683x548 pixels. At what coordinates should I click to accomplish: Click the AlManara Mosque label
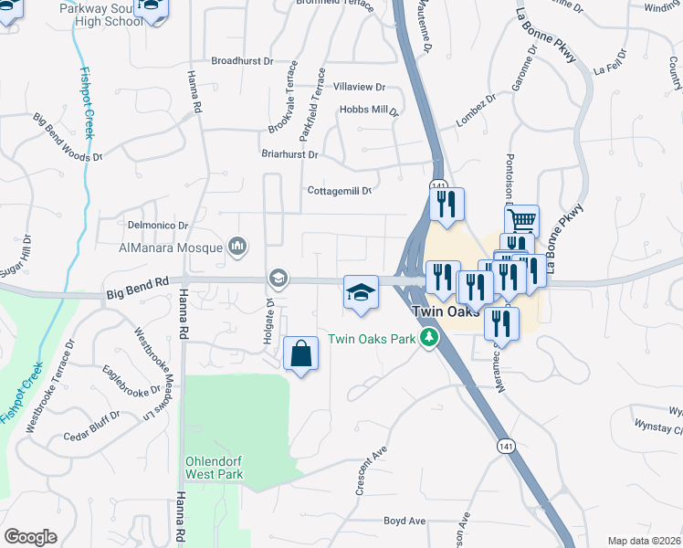tap(171, 248)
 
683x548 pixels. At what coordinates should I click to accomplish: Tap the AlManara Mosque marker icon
tap(238, 246)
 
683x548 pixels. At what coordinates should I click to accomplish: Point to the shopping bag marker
tap(301, 353)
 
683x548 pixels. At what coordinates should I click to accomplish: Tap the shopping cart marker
tap(521, 220)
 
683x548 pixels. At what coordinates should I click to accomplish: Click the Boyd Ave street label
tap(405, 521)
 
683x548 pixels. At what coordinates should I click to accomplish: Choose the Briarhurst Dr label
tap(289, 155)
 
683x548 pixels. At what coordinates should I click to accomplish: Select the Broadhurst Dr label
tap(242, 61)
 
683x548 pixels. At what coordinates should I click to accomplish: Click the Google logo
tap(30, 537)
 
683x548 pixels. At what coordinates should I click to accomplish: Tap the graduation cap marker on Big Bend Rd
tap(361, 292)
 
